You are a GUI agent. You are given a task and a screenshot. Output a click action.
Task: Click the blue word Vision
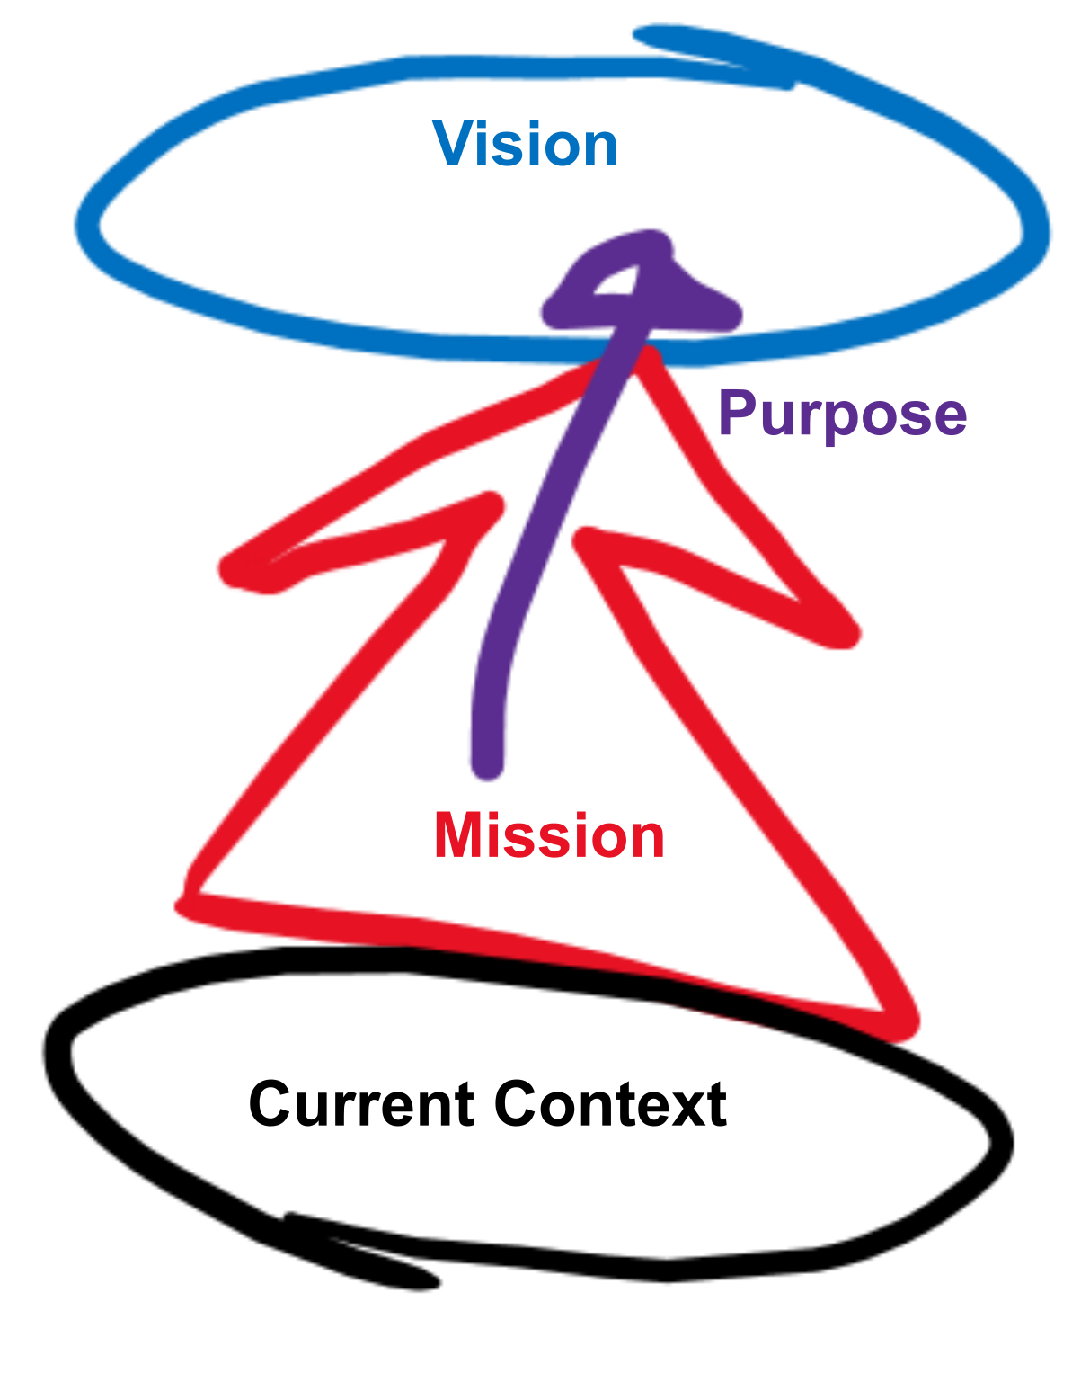tap(526, 145)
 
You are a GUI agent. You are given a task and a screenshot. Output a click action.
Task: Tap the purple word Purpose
tap(842, 415)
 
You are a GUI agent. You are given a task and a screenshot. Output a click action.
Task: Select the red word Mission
tap(548, 836)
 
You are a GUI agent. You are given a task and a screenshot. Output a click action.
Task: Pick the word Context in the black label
tap(611, 1104)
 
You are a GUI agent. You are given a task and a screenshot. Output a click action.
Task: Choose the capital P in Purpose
tap(740, 414)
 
